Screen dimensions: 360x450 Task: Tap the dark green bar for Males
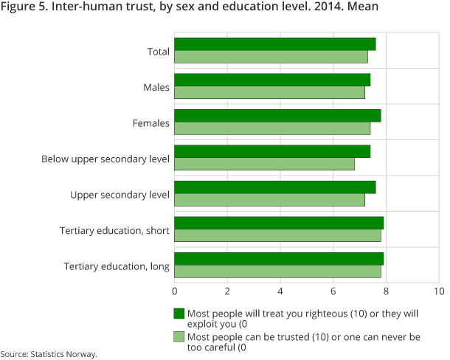(272, 80)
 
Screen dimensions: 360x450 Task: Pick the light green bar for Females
(272, 128)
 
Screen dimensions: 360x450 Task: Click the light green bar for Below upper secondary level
(264, 164)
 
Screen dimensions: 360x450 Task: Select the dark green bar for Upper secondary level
(275, 187)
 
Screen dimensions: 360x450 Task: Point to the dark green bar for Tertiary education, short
(279, 223)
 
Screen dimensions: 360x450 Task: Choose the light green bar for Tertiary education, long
(277, 271)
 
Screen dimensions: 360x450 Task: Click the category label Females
(150, 123)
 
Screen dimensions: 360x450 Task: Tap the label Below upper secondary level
(105, 159)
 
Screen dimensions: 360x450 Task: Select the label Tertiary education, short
(114, 231)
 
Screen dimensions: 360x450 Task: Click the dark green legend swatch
(179, 313)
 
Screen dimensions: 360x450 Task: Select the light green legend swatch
(179, 336)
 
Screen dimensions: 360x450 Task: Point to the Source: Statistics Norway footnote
(49, 354)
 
